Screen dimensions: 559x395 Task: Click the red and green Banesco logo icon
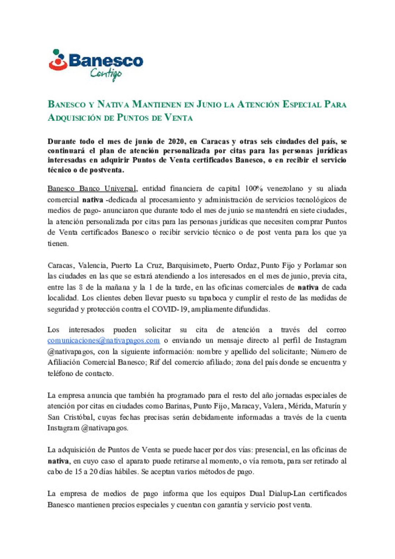click(x=58, y=60)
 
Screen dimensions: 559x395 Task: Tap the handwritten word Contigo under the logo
click(x=106, y=74)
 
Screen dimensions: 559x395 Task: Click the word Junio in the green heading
click(x=209, y=105)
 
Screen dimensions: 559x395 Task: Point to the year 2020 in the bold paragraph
click(x=176, y=142)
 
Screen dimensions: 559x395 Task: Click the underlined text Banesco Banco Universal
click(x=92, y=189)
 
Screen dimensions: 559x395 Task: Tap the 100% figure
click(x=253, y=189)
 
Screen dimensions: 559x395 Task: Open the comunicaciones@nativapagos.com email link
click(x=104, y=341)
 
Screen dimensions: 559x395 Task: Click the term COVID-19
click(x=170, y=309)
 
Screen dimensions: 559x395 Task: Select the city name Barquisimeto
click(x=188, y=266)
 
